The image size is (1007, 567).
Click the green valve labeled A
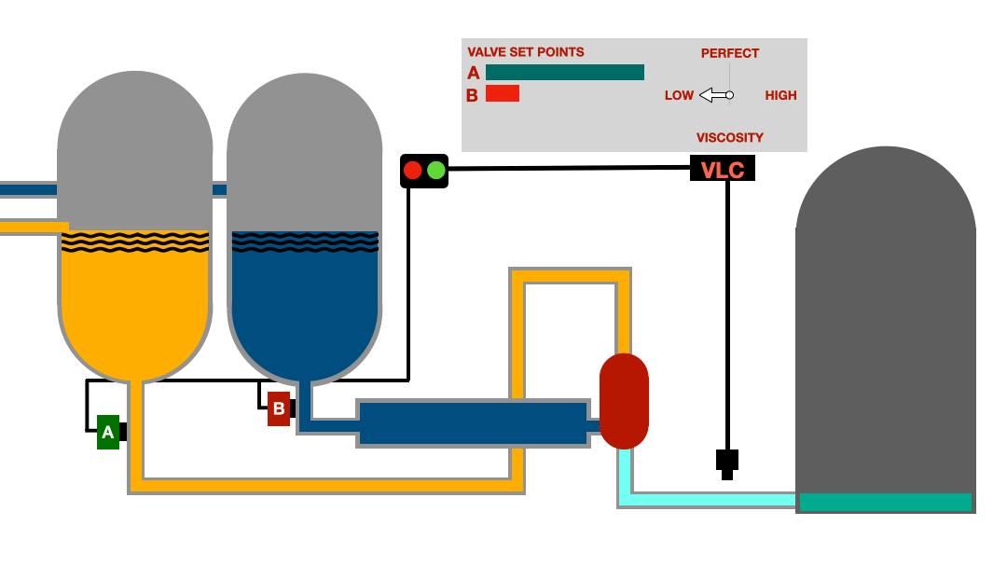pos(108,432)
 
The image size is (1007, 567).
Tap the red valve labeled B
pos(278,408)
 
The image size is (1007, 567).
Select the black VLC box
pos(722,169)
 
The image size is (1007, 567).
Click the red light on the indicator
pos(413,171)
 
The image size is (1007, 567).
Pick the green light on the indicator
pos(435,171)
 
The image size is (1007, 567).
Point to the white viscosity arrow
pos(715,95)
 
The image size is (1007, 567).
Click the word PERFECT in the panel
pos(730,53)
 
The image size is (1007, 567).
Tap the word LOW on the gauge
pos(679,95)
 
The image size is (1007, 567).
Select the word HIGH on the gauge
pos(780,95)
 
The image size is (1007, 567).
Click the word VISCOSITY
pos(730,137)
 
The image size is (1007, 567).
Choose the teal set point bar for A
pos(565,72)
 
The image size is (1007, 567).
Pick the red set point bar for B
pos(503,93)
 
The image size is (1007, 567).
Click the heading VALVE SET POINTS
pos(526,52)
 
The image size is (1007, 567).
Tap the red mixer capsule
pos(624,401)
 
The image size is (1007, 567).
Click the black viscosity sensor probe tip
pos(727,474)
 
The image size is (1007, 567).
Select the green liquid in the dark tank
pos(885,503)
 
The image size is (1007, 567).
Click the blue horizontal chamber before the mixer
pos(473,422)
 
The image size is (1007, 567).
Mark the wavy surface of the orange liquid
pos(134,243)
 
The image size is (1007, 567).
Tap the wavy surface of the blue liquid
pos(305,242)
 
